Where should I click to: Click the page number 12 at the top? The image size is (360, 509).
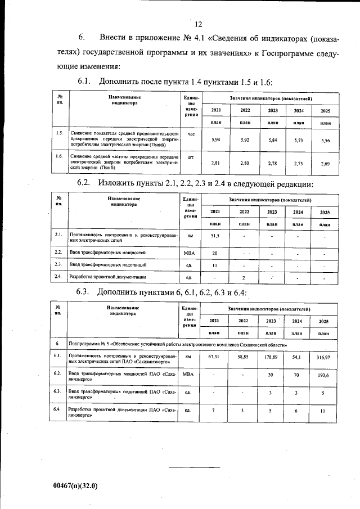pos(198,24)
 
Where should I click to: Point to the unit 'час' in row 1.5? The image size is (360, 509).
pos(191,134)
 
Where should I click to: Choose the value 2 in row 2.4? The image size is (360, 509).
pos(243,277)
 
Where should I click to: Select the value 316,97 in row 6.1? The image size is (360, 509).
pos(324,357)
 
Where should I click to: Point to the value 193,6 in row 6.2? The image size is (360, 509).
pos(324,375)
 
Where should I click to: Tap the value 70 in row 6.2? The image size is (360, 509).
pos(298,375)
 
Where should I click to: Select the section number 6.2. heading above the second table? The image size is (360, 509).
pos(84,184)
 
